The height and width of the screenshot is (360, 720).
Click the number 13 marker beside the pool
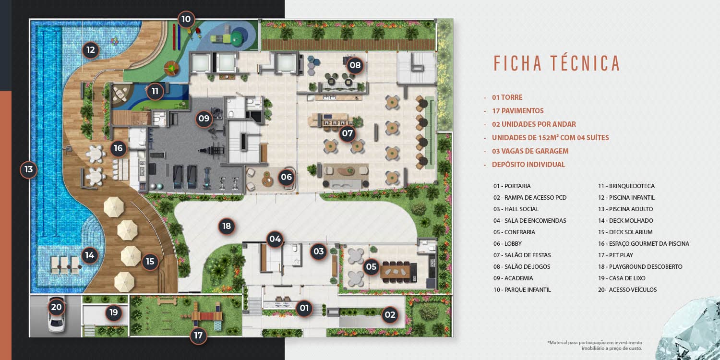[x=29, y=169]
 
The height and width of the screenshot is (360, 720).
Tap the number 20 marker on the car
[x=56, y=307]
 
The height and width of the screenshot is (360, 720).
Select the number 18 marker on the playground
[x=227, y=226]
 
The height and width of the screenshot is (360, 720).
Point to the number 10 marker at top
[x=186, y=19]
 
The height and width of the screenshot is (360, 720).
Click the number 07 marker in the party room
[x=348, y=133]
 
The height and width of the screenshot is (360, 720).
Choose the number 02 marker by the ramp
[x=390, y=315]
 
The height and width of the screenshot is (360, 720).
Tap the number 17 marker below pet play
[x=198, y=336]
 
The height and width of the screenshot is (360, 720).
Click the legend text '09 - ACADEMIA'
[x=513, y=278]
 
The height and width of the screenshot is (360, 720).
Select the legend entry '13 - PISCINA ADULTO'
[x=625, y=209]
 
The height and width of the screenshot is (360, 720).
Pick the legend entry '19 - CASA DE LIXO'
[x=622, y=278]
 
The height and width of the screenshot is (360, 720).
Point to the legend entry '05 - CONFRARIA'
[x=514, y=232]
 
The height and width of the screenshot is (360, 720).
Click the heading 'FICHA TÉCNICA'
[x=557, y=63]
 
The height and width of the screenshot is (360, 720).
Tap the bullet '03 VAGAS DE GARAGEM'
[x=530, y=151]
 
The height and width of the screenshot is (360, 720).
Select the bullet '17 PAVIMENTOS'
[x=518, y=111]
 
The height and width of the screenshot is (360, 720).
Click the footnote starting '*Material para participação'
[x=595, y=346]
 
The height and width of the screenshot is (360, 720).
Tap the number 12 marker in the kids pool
[x=91, y=50]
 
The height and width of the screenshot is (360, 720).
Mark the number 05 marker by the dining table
[x=371, y=266]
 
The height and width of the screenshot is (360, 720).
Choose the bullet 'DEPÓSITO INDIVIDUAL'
[x=528, y=165]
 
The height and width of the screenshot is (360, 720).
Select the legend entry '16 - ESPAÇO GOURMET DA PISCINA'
[x=644, y=244]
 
